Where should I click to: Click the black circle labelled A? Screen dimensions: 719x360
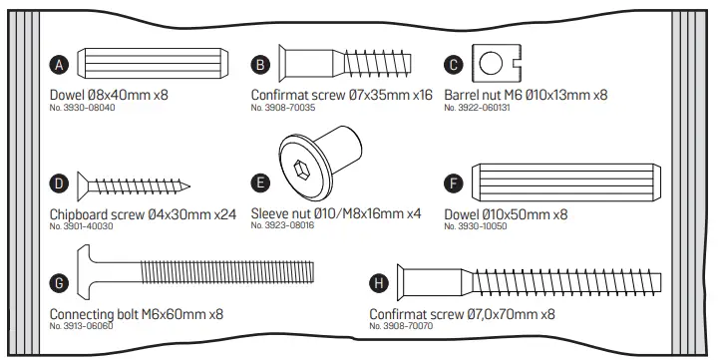click(x=58, y=66)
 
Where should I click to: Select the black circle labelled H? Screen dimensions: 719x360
click(x=378, y=284)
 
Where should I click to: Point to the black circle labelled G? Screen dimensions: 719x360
click(x=59, y=284)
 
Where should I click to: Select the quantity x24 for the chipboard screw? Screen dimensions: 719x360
click(x=225, y=214)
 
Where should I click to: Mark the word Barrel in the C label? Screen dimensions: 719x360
click(x=465, y=96)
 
